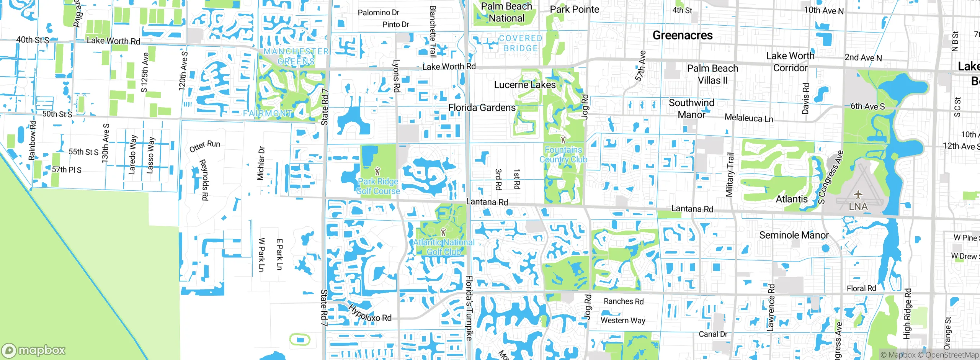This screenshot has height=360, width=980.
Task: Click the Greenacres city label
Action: point(683,35)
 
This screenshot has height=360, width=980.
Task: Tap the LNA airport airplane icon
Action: point(858,195)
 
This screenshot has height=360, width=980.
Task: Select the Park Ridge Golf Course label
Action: point(378,186)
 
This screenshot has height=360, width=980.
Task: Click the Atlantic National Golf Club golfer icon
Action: point(443,232)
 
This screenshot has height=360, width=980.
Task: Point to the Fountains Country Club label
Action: point(563,154)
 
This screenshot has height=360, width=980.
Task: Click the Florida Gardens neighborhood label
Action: point(482,108)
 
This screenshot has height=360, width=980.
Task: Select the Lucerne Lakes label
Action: point(524,85)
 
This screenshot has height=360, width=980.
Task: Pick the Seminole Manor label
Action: point(794,235)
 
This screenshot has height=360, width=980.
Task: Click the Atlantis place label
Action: point(791,199)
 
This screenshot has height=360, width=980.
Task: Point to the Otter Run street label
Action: point(205,146)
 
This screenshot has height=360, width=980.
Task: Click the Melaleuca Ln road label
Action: point(748,118)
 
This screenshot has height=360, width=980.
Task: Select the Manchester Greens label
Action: point(296,56)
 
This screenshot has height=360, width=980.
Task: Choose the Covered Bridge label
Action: point(521,43)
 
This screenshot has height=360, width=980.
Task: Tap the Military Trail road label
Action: point(730,174)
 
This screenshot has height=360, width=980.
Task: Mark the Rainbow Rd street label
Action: point(32,141)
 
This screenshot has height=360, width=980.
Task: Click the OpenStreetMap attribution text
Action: point(952,355)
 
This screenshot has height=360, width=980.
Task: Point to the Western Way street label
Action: point(623,320)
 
